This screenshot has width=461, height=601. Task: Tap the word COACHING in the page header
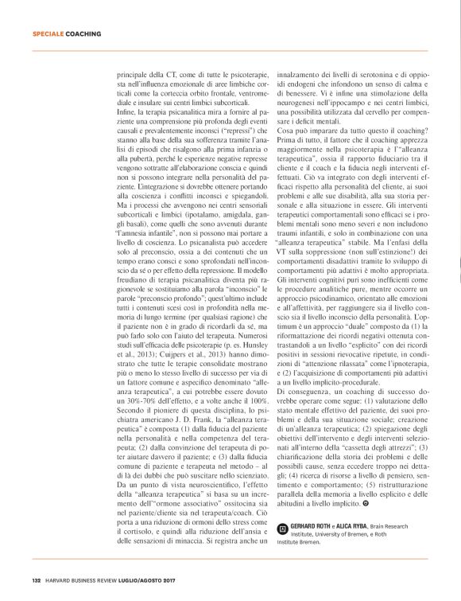coord(83,34)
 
